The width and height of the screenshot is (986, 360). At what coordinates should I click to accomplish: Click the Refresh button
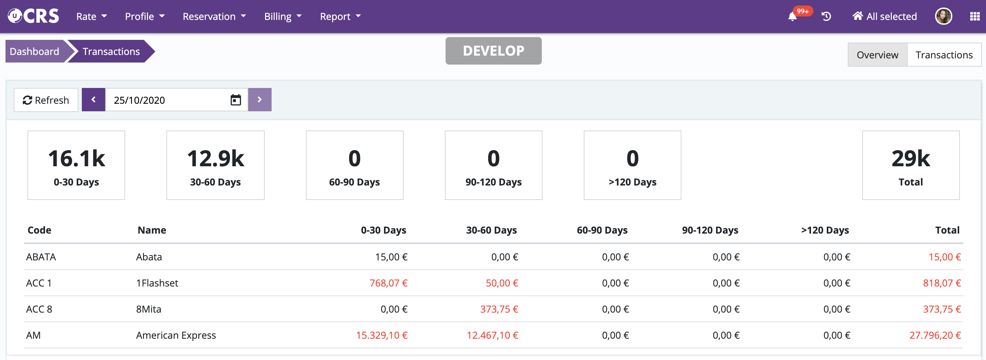[x=46, y=100]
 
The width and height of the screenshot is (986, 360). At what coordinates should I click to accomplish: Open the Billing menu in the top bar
[x=283, y=16]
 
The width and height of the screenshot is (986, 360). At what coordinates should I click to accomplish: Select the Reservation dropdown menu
[x=214, y=16]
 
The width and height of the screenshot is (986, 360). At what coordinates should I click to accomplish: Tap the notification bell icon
[x=792, y=17]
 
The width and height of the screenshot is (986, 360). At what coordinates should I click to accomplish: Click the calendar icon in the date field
[x=235, y=100]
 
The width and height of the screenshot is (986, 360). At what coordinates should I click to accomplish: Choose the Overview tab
[x=877, y=55]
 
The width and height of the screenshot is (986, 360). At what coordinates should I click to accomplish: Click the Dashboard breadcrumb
[x=34, y=52]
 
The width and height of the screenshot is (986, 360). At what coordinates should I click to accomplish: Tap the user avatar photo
[x=943, y=16]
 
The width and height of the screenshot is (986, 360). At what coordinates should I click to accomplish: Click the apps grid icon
[x=975, y=16]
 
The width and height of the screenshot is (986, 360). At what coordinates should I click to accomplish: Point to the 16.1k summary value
[x=77, y=159]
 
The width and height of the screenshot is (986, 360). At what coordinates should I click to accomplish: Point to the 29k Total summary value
[x=910, y=159]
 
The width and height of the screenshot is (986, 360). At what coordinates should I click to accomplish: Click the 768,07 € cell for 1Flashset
[x=388, y=283]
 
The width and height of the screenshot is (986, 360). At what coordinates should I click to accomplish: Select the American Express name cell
[x=176, y=336]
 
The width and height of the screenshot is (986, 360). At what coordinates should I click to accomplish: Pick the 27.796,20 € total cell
[x=935, y=336]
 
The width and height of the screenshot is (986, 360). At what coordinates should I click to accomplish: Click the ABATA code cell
[x=41, y=257]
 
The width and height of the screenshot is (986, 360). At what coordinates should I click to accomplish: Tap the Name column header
[x=152, y=230]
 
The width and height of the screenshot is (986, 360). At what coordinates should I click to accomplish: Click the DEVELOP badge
[x=493, y=51]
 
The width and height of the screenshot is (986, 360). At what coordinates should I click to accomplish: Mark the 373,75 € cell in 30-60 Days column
[x=499, y=310]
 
